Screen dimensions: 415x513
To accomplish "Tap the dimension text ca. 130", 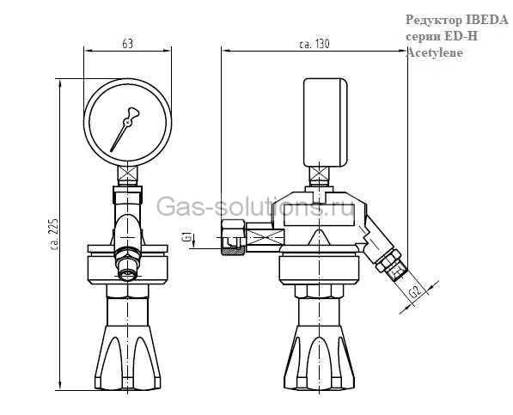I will point(314,43).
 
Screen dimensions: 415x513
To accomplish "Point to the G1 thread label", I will point(186,238).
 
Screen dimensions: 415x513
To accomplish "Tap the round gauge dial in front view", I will point(127,120).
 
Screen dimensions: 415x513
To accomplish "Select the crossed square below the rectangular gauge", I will point(321,177).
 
